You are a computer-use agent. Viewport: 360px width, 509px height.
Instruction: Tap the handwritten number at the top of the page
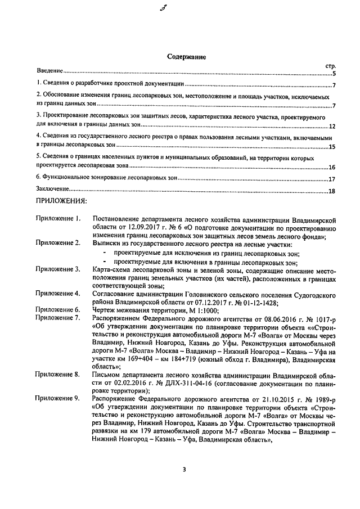point(178,8)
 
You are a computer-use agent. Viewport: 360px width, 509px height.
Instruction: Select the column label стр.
point(330,66)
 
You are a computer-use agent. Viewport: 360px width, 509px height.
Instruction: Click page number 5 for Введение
point(334,73)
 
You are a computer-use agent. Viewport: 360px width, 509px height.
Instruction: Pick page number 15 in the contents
point(332,147)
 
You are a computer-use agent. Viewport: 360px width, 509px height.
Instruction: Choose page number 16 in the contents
point(332,167)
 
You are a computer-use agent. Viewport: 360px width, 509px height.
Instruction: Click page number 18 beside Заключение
point(332,191)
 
